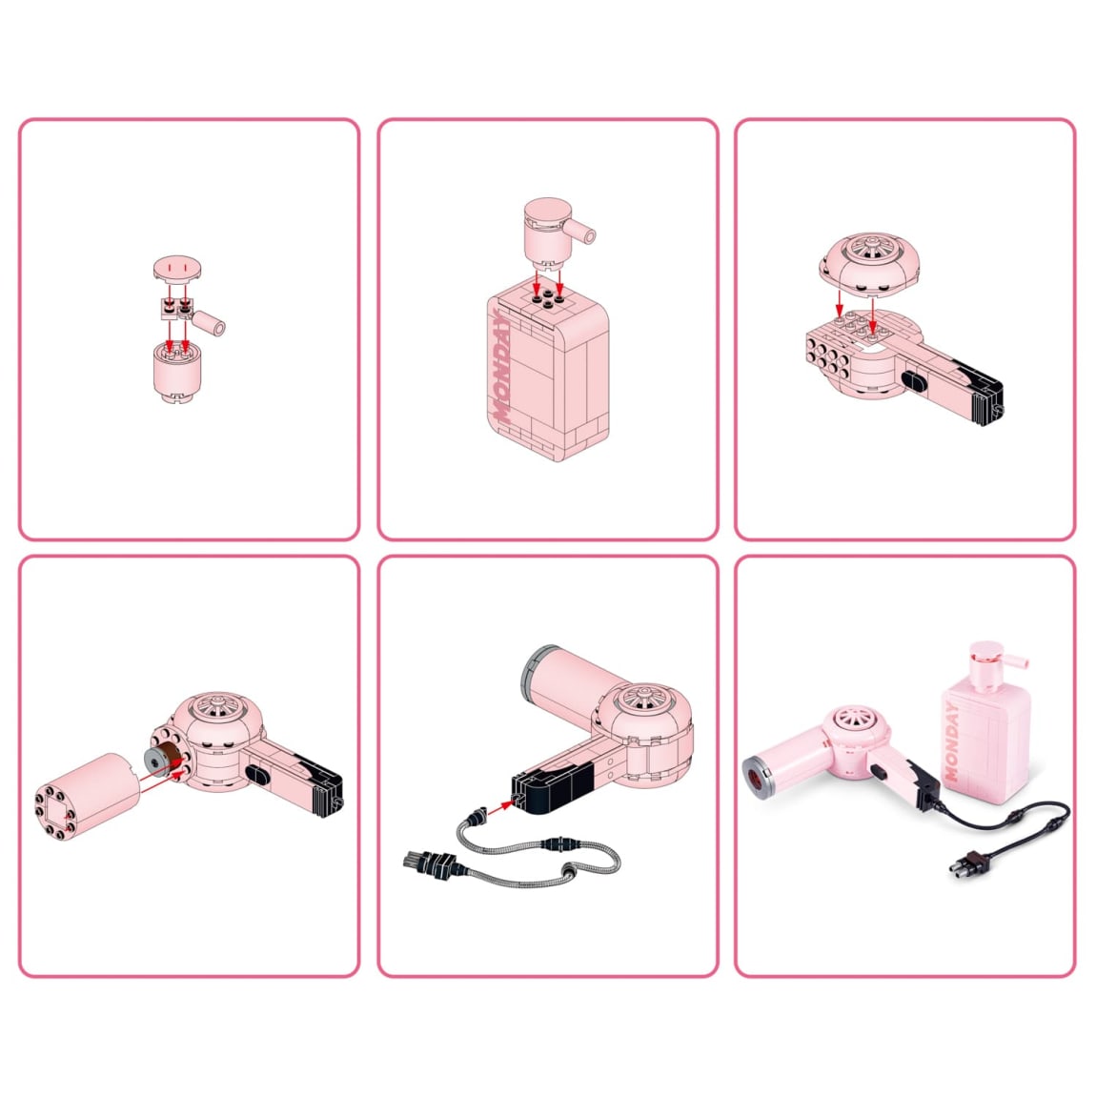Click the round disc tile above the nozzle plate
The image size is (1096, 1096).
pos(177,269)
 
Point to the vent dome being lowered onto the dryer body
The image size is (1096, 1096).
pos(869,264)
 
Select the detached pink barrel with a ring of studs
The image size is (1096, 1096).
pos(88,796)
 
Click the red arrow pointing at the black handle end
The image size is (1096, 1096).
pos(500,807)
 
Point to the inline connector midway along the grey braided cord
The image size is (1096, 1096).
pos(558,843)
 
